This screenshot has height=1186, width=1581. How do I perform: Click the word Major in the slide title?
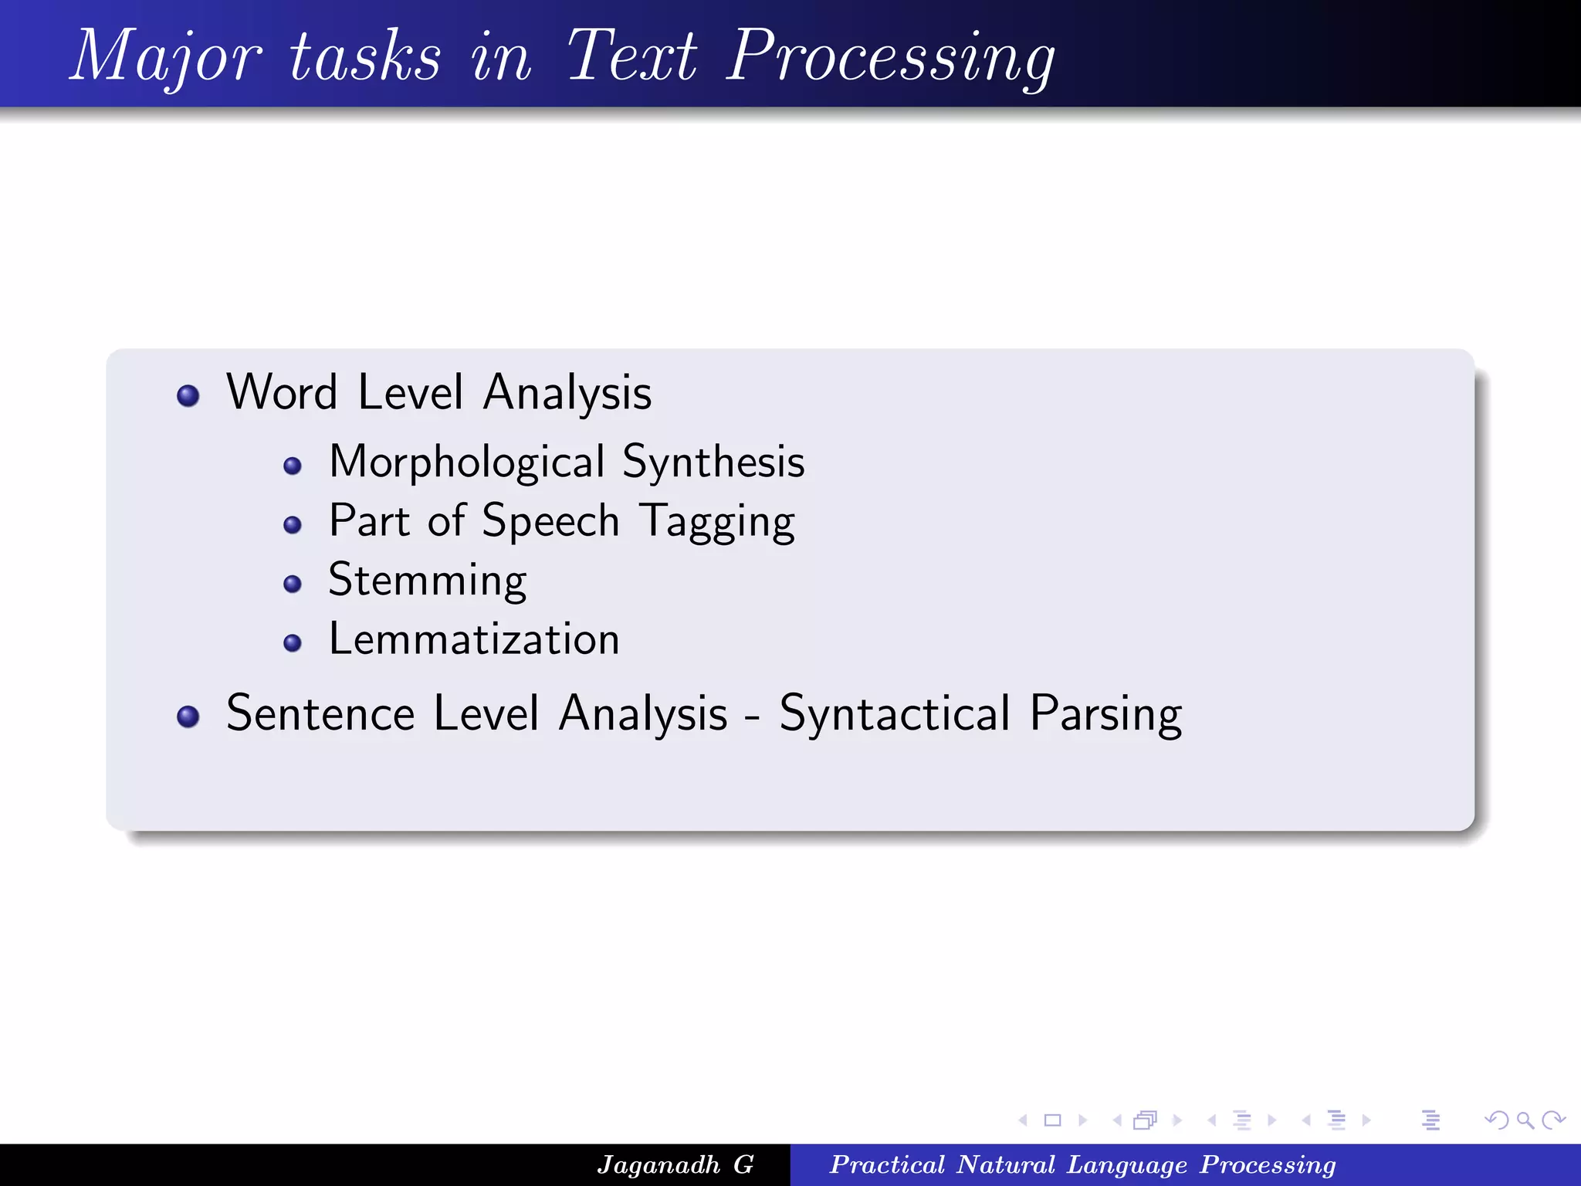coord(166,56)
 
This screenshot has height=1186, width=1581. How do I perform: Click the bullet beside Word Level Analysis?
coord(188,396)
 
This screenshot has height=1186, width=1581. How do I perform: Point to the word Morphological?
coord(466,463)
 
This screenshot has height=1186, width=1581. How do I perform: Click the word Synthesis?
coord(713,463)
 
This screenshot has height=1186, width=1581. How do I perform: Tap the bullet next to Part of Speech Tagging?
coord(292,525)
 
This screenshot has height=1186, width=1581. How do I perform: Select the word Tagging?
coord(717,522)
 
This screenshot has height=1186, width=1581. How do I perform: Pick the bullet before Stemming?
coord(292,584)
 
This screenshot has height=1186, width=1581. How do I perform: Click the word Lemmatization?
coord(474,639)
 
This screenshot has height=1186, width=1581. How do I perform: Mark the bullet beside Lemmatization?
coord(292,642)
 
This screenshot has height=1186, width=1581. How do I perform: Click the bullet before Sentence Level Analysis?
coord(188,717)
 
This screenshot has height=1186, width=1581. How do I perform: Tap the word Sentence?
coord(320,713)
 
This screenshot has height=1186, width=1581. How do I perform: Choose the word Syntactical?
coord(895,714)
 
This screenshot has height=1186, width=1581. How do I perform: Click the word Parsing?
coord(1105,714)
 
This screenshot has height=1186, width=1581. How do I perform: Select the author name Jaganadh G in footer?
coord(675,1164)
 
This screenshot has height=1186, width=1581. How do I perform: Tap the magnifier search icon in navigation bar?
coord(1525,1120)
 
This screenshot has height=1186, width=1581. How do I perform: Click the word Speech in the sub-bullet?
coord(550,522)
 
